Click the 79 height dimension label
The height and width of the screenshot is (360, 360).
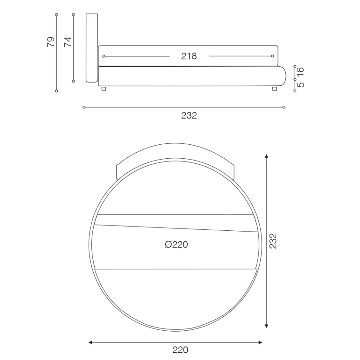point(51,41)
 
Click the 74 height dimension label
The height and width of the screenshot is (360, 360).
point(68,41)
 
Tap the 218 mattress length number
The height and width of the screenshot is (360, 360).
point(189,56)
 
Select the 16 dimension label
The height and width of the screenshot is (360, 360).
point(301,70)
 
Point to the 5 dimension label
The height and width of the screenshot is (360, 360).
point(301,85)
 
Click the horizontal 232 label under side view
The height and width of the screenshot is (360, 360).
point(189,116)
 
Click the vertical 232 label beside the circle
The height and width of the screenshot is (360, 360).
point(273,241)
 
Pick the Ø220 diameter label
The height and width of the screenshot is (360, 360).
point(176,245)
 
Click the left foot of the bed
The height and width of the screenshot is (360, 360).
point(104,88)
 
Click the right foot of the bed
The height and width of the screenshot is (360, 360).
point(274,88)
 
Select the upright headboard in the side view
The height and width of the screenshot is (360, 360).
point(92,47)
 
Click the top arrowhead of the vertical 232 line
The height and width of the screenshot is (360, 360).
point(267,156)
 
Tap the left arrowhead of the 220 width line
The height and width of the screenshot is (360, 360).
point(91,343)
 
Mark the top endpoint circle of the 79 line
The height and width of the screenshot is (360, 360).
point(56,14)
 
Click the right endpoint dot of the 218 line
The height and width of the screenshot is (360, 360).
point(272,56)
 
